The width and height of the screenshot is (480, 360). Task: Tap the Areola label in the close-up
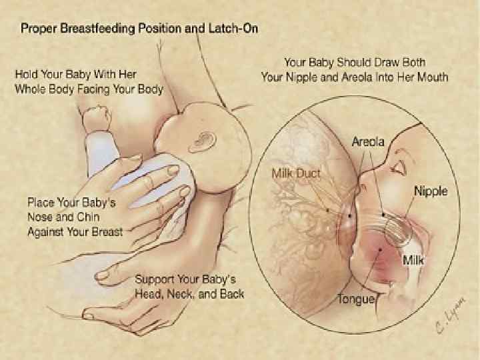(367, 142)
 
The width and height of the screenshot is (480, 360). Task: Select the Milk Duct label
(296, 173)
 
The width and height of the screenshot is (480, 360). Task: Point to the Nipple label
(431, 191)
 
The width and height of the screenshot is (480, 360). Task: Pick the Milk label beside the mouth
(414, 258)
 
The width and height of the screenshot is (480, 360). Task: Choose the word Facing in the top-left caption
(102, 89)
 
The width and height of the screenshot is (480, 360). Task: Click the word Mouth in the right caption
(431, 77)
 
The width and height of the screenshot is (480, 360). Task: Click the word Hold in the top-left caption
(27, 75)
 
